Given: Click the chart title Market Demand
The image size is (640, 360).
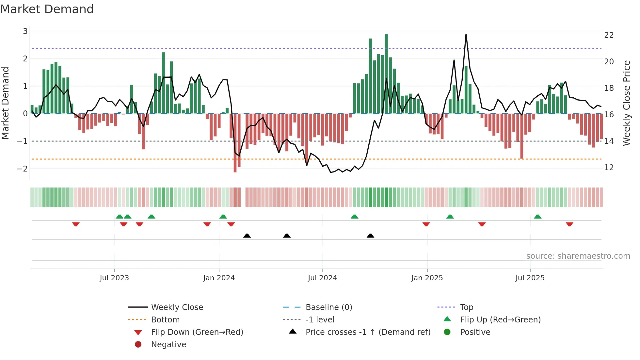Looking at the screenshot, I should tap(47, 9).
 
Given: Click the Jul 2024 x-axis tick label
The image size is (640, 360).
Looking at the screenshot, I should tap(322, 278).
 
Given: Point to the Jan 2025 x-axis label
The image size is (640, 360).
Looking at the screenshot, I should tap(427, 278).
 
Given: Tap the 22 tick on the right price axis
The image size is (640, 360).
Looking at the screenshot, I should tap(609, 35).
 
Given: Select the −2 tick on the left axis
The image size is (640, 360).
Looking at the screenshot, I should tap(22, 169).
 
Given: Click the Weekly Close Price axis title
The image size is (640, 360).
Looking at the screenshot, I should tap(626, 103).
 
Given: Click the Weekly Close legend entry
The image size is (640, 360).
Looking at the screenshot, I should tap(177, 307).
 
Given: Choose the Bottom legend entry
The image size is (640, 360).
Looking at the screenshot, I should tap(165, 320).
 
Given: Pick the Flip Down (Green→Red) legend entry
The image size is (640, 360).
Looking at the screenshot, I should tap(197, 332).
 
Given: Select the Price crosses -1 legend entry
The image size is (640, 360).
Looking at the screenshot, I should tap(368, 332).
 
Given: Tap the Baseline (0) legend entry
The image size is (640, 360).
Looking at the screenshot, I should tap(328, 307).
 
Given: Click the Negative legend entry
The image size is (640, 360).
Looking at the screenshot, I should tap(168, 345).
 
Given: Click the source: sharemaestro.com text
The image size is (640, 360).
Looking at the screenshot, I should tap(578, 256).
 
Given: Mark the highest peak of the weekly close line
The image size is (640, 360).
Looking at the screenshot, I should tap(466, 34).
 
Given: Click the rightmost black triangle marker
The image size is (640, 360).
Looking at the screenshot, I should tap(370, 236).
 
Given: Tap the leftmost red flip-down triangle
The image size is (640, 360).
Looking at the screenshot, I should tap(76, 224).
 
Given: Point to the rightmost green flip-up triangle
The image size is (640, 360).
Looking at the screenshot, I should tap(537, 217).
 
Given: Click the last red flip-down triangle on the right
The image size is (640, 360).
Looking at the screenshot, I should tap(569, 224).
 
